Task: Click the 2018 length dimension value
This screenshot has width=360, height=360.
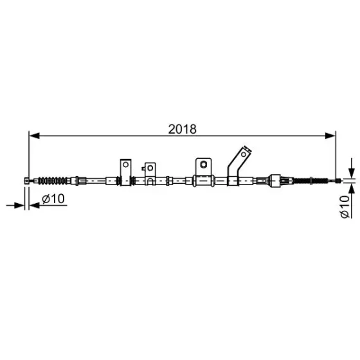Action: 183,129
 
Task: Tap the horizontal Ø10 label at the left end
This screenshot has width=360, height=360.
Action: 53,199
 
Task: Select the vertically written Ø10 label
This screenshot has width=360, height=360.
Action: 345,206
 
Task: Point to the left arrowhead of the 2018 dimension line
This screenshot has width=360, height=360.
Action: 35,136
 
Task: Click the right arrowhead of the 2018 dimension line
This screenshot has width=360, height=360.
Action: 330,136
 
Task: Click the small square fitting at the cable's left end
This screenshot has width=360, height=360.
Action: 27,181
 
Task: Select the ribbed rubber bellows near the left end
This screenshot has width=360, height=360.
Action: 53,181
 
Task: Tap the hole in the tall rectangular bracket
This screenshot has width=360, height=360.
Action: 125,165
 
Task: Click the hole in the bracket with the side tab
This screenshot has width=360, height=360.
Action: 150,168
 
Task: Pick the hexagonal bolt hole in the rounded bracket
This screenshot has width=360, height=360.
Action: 203,164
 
